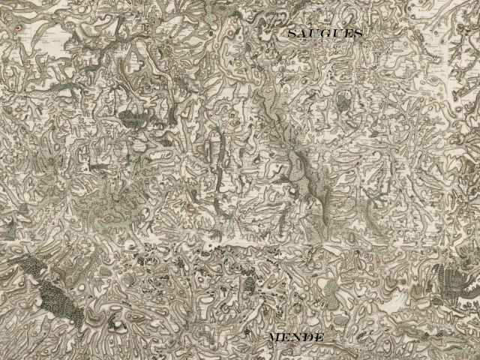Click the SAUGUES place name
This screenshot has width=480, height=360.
pyautogui.click(x=325, y=34)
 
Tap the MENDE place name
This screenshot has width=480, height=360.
pyautogui.click(x=295, y=338)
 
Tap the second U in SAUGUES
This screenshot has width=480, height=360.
pyautogui.click(x=337, y=34)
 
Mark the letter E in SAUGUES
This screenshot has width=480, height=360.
pyautogui.click(x=347, y=34)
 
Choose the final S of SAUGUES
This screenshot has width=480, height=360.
pyautogui.click(x=357, y=34)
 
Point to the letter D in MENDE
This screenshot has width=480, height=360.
pyautogui.click(x=307, y=338)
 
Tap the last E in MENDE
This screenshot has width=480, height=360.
pyautogui.click(x=318, y=338)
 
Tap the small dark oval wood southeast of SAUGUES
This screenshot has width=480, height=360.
pyautogui.click(x=343, y=99)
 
